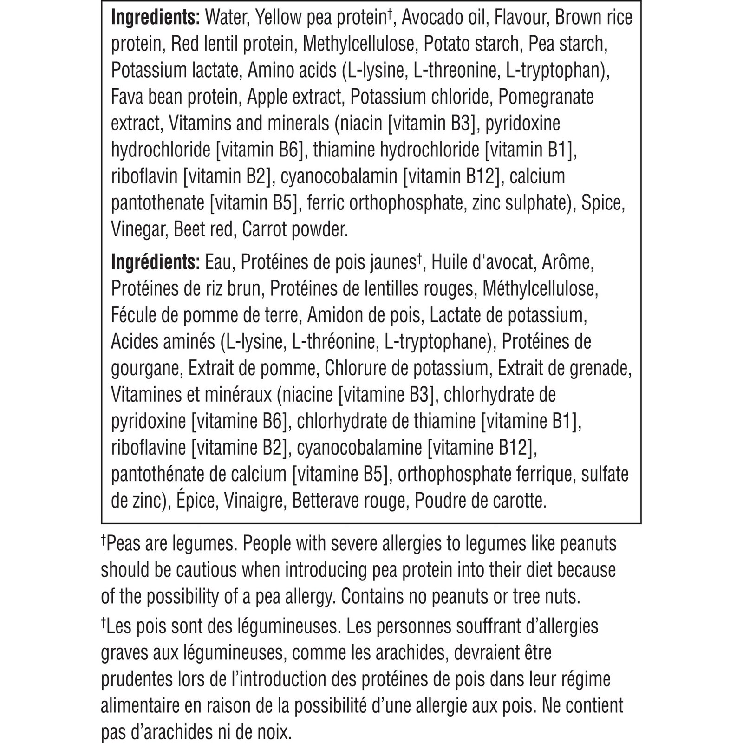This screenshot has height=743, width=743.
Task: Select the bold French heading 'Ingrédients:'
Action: click(x=155, y=263)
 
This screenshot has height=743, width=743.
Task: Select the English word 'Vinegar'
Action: click(x=138, y=230)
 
